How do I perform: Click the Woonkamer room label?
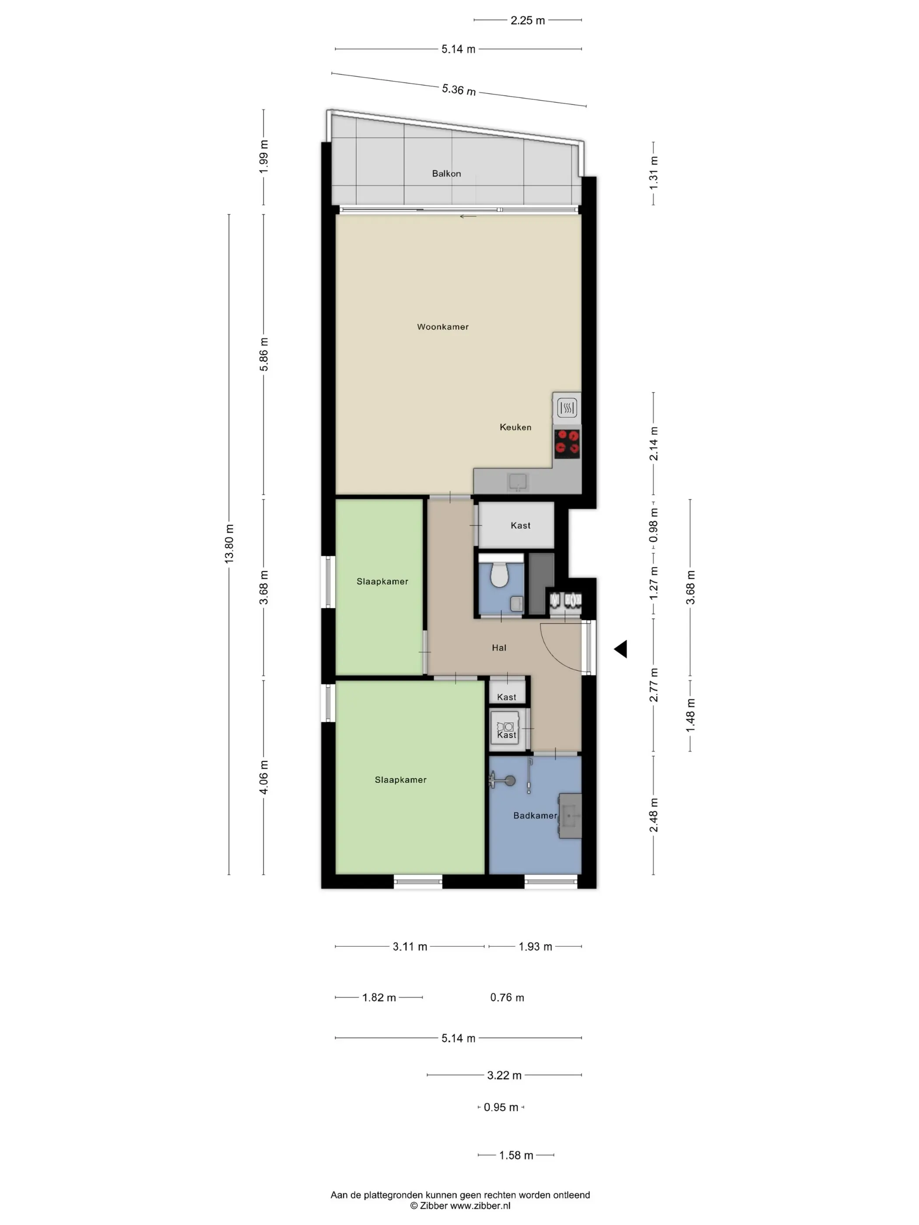click(x=442, y=327)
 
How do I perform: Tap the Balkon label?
click(x=446, y=173)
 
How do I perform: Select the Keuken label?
click(x=515, y=427)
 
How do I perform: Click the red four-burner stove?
click(x=567, y=443)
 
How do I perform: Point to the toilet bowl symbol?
click(x=500, y=574)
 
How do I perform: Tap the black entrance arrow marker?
click(x=621, y=648)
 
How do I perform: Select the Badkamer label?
click(x=535, y=815)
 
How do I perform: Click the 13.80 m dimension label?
click(x=229, y=544)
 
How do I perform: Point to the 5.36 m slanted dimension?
click(x=459, y=89)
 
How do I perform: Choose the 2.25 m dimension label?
click(x=527, y=21)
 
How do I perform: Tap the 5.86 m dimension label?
click(x=264, y=354)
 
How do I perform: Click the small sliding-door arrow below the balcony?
click(x=468, y=217)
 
